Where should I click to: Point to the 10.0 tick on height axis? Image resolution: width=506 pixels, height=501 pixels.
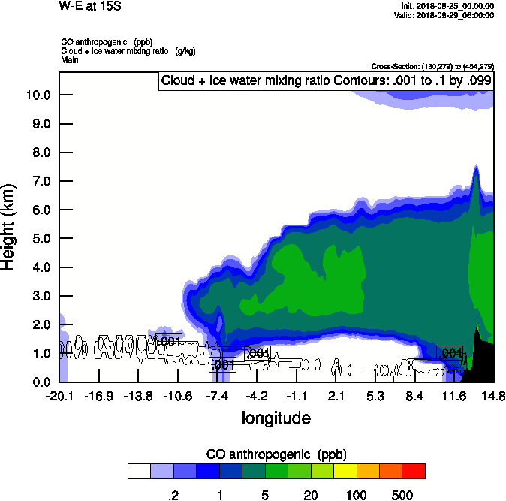[x=38, y=95]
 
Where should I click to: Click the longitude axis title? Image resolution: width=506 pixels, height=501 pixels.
[x=276, y=417]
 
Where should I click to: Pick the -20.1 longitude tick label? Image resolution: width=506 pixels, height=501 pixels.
[x=59, y=396]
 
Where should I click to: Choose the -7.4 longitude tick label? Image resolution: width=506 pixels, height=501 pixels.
[x=218, y=396]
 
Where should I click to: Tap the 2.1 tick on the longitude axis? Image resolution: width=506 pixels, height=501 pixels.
[x=336, y=396]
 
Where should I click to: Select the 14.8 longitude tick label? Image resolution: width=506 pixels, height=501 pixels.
[x=493, y=396]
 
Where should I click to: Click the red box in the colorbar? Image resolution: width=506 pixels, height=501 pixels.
[x=414, y=471]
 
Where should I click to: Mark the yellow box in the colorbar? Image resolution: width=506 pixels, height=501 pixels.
[x=344, y=471]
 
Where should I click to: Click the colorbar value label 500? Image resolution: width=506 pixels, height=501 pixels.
[x=402, y=495]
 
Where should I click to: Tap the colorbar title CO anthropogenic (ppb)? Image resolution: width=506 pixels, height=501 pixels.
[x=276, y=454]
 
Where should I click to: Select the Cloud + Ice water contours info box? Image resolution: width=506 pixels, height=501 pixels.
[x=326, y=81]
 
